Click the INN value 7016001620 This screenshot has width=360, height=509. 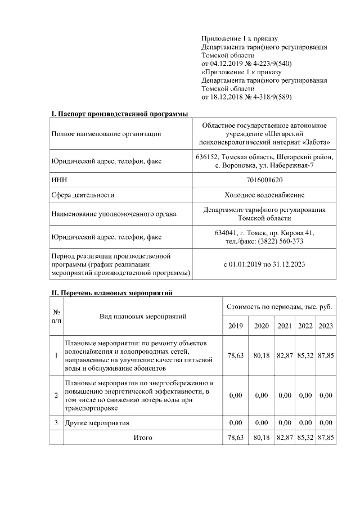[264, 180]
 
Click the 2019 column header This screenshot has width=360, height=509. [235, 326]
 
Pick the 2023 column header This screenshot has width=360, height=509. [326, 326]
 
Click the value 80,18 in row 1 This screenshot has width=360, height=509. [262, 355]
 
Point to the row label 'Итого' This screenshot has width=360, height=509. [143, 437]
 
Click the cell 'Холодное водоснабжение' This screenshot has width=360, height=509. [264, 195]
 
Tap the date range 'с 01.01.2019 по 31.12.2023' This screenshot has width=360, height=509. [264, 264]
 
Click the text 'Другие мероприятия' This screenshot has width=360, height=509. [97, 422]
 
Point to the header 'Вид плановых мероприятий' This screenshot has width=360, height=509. [143, 317]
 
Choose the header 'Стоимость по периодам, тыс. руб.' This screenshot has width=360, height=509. [279, 307]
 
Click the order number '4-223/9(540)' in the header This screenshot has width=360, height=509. [270, 64]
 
